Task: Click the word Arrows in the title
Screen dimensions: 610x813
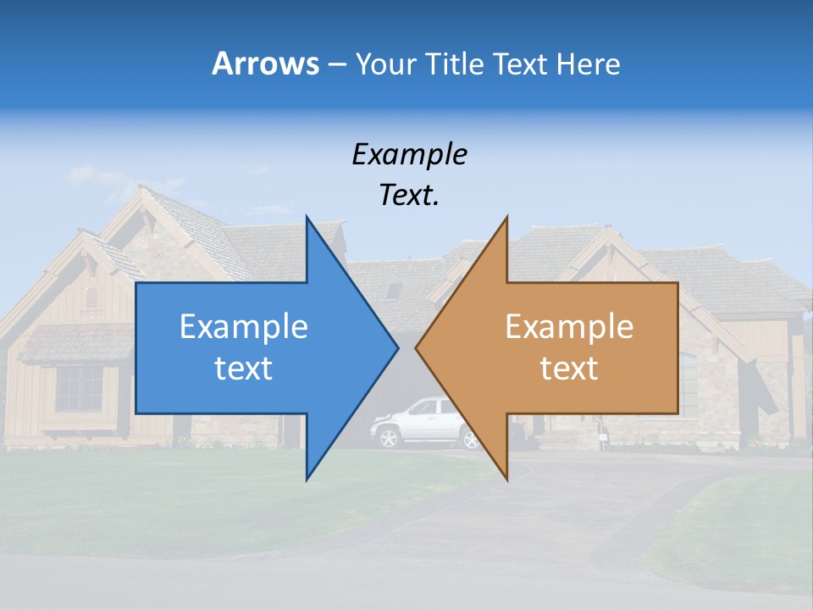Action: pos(265,64)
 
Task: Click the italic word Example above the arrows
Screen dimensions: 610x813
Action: pos(410,154)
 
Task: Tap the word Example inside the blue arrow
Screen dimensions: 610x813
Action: pos(244,327)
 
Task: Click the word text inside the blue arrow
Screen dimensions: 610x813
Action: pos(244,369)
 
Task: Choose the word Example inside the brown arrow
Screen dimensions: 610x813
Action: pos(569,327)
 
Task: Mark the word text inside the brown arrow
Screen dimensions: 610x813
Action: pos(569,369)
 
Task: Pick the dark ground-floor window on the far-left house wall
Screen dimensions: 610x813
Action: pos(79,389)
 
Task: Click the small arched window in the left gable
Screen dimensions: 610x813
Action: pos(91,297)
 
